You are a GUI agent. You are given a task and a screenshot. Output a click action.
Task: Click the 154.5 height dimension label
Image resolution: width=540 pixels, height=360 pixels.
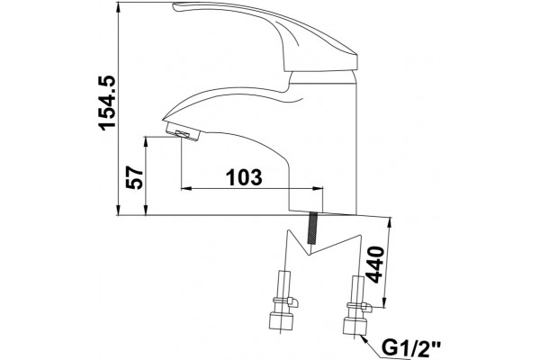click(x=107, y=103)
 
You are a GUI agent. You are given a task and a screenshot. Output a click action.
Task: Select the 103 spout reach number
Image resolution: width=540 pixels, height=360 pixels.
click(x=244, y=177)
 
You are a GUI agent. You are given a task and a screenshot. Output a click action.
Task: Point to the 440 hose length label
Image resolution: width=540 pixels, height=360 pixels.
click(x=374, y=265)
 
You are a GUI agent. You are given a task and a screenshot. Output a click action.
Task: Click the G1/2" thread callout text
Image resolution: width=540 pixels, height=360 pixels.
click(x=411, y=347)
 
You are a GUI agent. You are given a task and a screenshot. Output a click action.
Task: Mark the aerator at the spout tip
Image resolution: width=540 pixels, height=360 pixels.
click(x=183, y=132)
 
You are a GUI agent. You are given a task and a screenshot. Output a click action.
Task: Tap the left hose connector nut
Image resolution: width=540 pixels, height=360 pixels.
click(x=281, y=321)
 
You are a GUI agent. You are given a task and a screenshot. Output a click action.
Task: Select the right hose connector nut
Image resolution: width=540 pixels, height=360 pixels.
click(x=355, y=325)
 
